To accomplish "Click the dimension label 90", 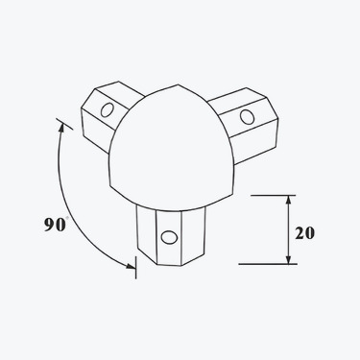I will click(54, 226).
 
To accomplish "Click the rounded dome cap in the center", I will click(173, 144).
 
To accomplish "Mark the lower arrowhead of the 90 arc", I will click(131, 266).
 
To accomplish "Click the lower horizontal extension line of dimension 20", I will click(264, 264).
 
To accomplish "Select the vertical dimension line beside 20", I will click(288, 230).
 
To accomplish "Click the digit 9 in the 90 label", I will click(48, 226).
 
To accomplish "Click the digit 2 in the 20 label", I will click(300, 233).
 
